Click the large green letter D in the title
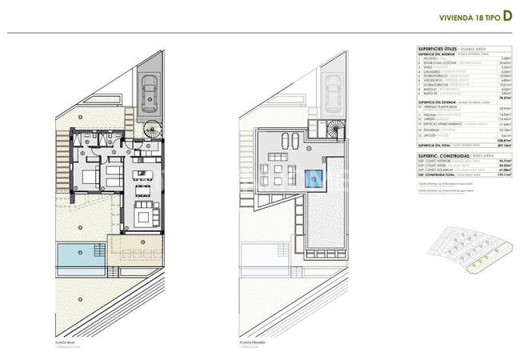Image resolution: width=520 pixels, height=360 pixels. coord(507,17)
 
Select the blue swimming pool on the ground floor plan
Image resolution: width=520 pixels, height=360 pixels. coord(81,255)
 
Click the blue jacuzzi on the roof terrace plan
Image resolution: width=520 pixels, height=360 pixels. coord(315,177)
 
